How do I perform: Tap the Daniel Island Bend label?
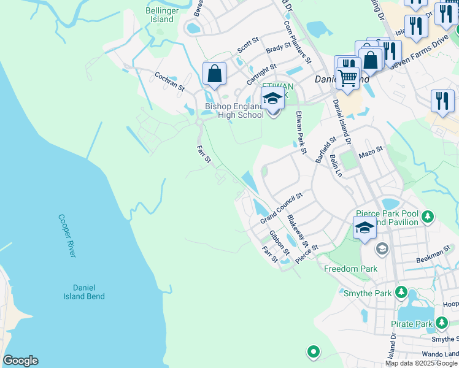click(80, 291)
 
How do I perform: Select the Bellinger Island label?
click(160, 15)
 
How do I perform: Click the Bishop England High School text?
click(234, 110)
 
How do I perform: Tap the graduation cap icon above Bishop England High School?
click(272, 98)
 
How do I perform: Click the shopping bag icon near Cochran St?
click(215, 74)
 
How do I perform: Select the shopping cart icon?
click(348, 77)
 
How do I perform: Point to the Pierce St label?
click(306, 254)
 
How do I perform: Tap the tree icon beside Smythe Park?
click(401, 291)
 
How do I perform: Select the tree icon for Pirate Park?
click(441, 323)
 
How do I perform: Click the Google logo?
click(20, 361)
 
